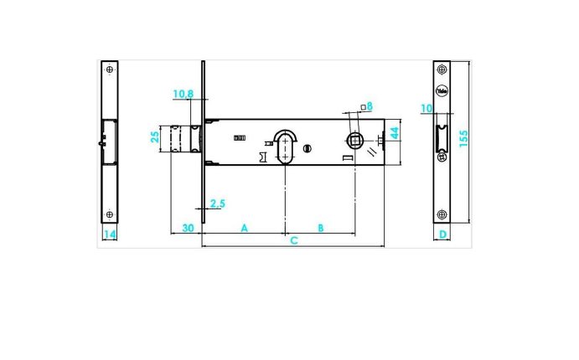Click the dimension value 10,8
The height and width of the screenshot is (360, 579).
[x=184, y=94]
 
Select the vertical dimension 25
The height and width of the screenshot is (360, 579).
[x=155, y=136]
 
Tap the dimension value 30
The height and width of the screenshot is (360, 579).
[x=187, y=228]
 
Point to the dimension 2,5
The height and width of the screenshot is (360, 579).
[x=217, y=203]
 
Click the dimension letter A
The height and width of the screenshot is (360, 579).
[x=245, y=228]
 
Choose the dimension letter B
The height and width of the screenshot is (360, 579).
[x=320, y=228]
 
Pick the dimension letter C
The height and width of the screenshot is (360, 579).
[x=293, y=241]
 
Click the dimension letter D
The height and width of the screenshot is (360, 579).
[x=442, y=234]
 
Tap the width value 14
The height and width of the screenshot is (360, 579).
[x=109, y=234]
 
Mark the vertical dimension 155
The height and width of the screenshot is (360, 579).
[x=463, y=138]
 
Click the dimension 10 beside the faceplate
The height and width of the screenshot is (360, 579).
[x=426, y=109]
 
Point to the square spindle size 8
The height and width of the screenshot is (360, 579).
[x=370, y=106]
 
